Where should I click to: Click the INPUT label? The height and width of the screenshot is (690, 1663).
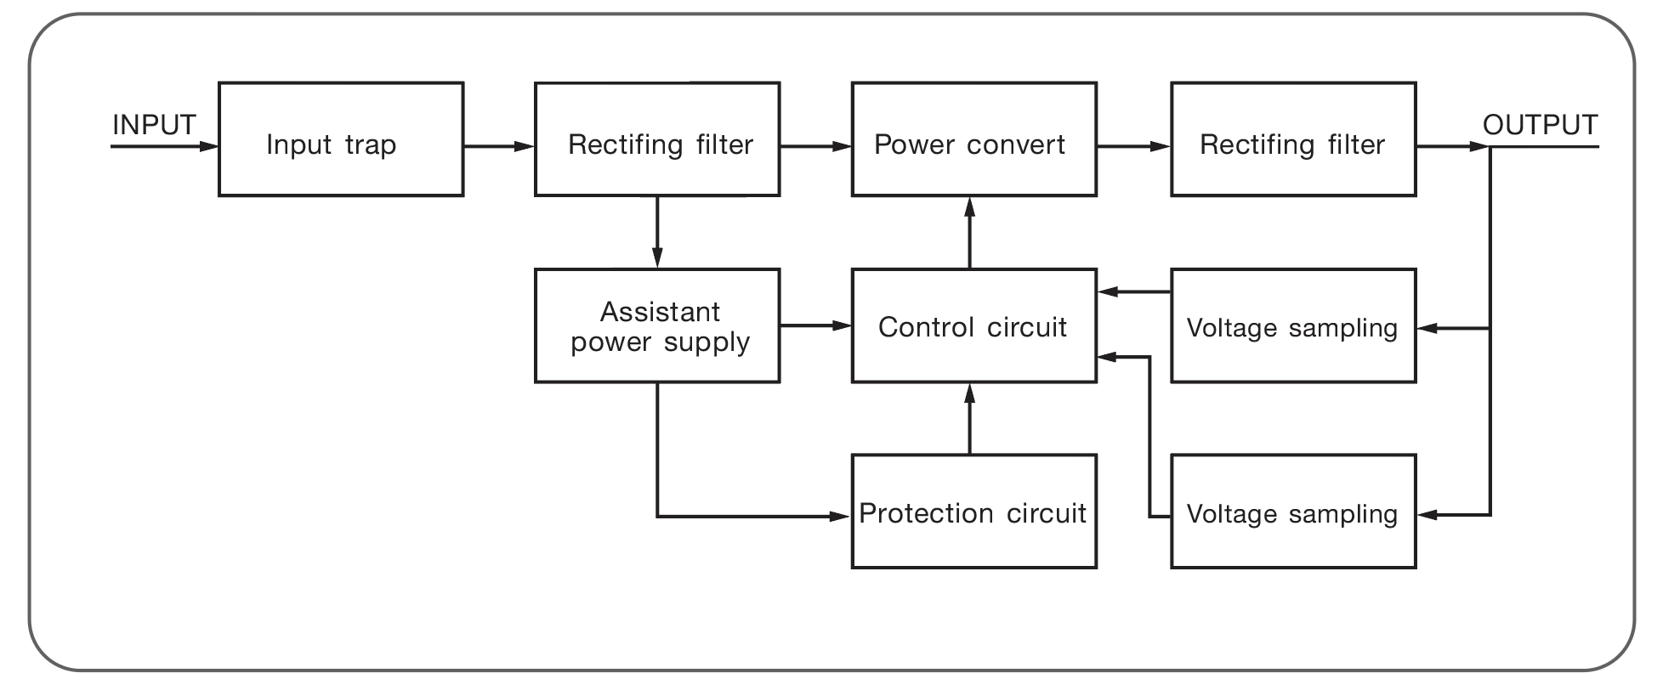pos(154,125)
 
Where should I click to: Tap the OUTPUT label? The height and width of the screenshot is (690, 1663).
pos(1540,125)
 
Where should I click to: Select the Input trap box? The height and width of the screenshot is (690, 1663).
pos(341,139)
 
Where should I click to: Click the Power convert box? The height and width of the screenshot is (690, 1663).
pos(973,139)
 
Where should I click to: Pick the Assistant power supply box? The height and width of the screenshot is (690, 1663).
pos(657,326)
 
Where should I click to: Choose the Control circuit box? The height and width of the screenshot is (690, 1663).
pos(973,326)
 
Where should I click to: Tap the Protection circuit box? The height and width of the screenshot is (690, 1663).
pos(973,512)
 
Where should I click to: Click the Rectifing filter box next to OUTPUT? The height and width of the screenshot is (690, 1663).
pos(1293,139)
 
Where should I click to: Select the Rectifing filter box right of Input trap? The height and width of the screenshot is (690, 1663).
pos(657,139)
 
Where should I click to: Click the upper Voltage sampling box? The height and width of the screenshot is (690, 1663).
pos(1293,326)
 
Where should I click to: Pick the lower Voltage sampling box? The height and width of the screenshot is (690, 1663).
pos(1293,512)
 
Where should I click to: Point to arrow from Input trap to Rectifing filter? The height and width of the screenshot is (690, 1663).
pos(499,147)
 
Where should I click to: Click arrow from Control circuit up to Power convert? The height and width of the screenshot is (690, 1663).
pos(970,233)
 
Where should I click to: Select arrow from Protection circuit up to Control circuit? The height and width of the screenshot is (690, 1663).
pos(970,418)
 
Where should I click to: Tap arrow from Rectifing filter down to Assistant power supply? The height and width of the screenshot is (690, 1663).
pos(657,233)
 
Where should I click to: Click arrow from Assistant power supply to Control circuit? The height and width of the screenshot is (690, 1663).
pos(815,325)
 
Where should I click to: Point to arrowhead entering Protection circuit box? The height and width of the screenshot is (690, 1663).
pos(840,516)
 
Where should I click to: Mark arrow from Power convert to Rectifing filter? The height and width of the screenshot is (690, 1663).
pos(1133,147)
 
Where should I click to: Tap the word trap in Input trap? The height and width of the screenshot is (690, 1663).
pos(371,145)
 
